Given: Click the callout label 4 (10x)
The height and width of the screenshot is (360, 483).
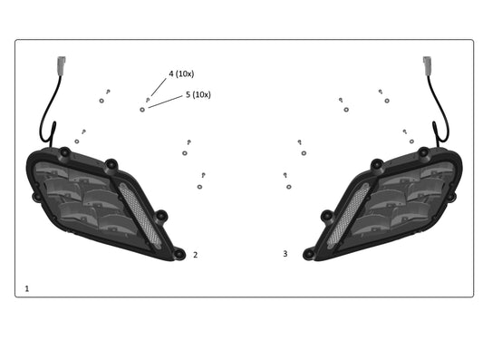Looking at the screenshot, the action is [181, 74].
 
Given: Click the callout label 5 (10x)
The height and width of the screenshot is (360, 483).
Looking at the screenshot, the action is [198, 94].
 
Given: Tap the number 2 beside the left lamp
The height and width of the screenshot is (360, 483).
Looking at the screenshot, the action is [196, 255].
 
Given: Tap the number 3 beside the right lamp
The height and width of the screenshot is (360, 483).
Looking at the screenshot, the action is [285, 254].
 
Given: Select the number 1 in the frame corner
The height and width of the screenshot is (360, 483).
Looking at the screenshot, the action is [27, 288].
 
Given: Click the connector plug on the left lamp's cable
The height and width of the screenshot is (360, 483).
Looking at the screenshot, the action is [62, 65].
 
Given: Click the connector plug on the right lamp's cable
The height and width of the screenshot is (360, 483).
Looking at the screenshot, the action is [427, 65].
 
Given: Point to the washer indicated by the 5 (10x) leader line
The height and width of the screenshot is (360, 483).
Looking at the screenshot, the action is [142, 110].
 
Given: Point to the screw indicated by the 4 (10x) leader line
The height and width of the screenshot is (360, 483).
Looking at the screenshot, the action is [148, 100].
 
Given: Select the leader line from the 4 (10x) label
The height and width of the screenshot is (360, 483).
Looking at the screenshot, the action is [159, 87].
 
